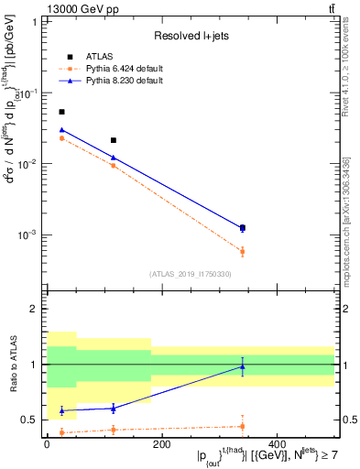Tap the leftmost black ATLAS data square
[x=61, y=112]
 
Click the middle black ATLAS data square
[x=113, y=140]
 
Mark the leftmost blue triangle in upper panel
[x=61, y=130]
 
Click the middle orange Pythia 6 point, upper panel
[x=113, y=166]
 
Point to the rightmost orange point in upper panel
[x=242, y=251]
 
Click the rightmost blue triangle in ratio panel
[x=242, y=366]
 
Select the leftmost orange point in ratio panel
[x=61, y=432]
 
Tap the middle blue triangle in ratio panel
[x=113, y=408]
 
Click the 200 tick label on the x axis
[x=161, y=444]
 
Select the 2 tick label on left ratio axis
[x=37, y=309]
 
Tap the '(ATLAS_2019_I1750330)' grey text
[x=191, y=273]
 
